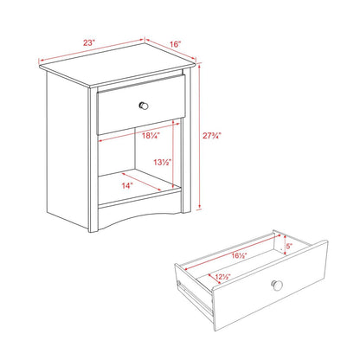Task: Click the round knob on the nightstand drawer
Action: [x=145, y=105]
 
